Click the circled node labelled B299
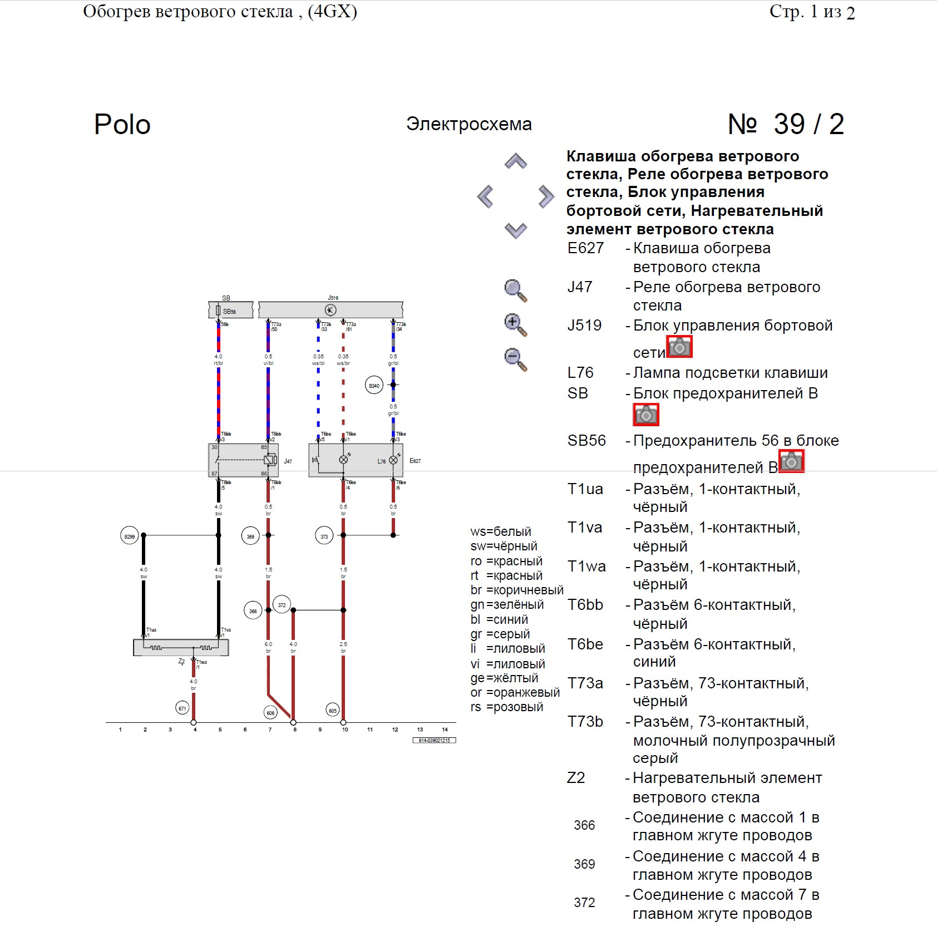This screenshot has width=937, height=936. click(x=130, y=536)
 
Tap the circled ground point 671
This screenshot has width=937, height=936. click(x=182, y=708)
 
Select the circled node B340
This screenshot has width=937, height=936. click(x=374, y=385)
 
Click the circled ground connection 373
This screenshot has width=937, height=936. click(x=324, y=536)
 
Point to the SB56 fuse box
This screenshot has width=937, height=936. click(x=230, y=311)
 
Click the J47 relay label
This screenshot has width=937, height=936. click(x=288, y=461)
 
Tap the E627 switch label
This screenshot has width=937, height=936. click(x=415, y=461)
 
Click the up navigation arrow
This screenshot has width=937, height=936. click(x=516, y=161)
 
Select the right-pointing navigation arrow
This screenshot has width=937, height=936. click(x=546, y=196)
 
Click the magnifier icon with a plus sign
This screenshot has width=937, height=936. click(x=515, y=324)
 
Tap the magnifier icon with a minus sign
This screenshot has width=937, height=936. click(x=515, y=359)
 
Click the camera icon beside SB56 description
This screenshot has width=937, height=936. click(x=791, y=461)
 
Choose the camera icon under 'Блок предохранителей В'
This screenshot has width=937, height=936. click(x=645, y=415)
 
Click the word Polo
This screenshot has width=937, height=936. click(x=122, y=125)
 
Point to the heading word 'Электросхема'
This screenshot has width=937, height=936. click(x=468, y=124)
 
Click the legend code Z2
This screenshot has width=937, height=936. click(x=576, y=778)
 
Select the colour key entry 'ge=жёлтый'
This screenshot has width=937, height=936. click(x=504, y=678)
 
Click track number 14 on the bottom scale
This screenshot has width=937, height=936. click(x=445, y=730)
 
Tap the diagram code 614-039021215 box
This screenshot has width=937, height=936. click(x=434, y=740)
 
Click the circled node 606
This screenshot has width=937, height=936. click(x=270, y=712)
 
